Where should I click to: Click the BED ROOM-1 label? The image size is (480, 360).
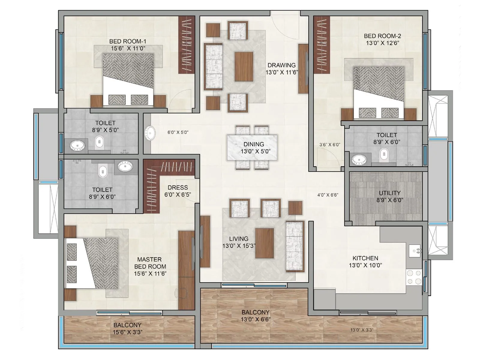tap(127, 41)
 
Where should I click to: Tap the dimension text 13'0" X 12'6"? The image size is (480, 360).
tap(382, 43)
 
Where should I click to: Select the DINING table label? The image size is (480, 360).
tap(254, 144)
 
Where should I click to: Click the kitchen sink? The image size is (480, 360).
tap(415, 251)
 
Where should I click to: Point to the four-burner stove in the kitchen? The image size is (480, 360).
tap(414, 277)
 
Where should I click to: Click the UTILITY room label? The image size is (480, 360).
tap(390, 193)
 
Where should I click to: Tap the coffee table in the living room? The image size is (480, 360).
tap(264, 243)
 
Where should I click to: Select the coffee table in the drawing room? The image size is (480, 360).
tap(244, 67)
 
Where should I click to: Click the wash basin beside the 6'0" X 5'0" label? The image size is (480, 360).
tap(150, 133)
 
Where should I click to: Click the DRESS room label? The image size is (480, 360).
tap(178, 188)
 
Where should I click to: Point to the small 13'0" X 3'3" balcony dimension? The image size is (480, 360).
tap(362, 330)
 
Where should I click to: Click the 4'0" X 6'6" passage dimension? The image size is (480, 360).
tap(328, 195)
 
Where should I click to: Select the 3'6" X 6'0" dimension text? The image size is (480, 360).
tap(330, 145)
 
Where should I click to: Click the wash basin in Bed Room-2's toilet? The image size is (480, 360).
tap(359, 160)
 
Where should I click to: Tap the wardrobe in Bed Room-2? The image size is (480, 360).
tap(322, 44)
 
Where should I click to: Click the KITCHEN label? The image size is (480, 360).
tap(365, 258)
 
